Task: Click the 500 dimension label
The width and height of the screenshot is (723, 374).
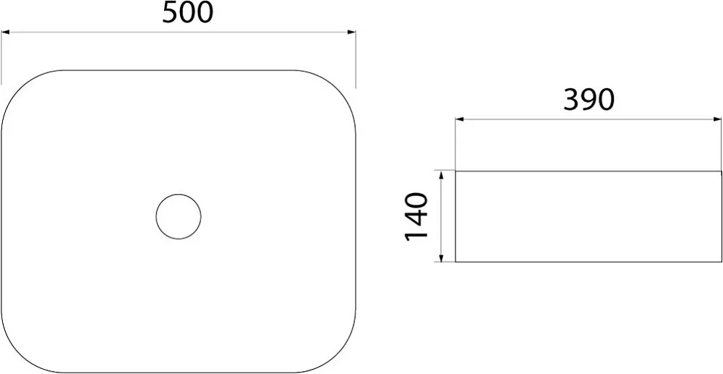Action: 188,13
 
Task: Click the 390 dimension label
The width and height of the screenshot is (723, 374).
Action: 589,100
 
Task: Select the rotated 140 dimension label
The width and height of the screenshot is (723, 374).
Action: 416,217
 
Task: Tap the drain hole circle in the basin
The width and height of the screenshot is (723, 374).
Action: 179,194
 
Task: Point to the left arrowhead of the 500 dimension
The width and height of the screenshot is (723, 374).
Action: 6,33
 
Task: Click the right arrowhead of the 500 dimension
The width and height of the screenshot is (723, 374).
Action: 351,33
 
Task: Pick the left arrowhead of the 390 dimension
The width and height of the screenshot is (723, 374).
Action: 460,119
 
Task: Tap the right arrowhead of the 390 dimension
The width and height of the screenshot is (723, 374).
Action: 717,119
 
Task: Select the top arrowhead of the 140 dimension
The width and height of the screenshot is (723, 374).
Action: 441,175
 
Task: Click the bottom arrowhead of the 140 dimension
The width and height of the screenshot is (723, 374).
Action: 441,258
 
